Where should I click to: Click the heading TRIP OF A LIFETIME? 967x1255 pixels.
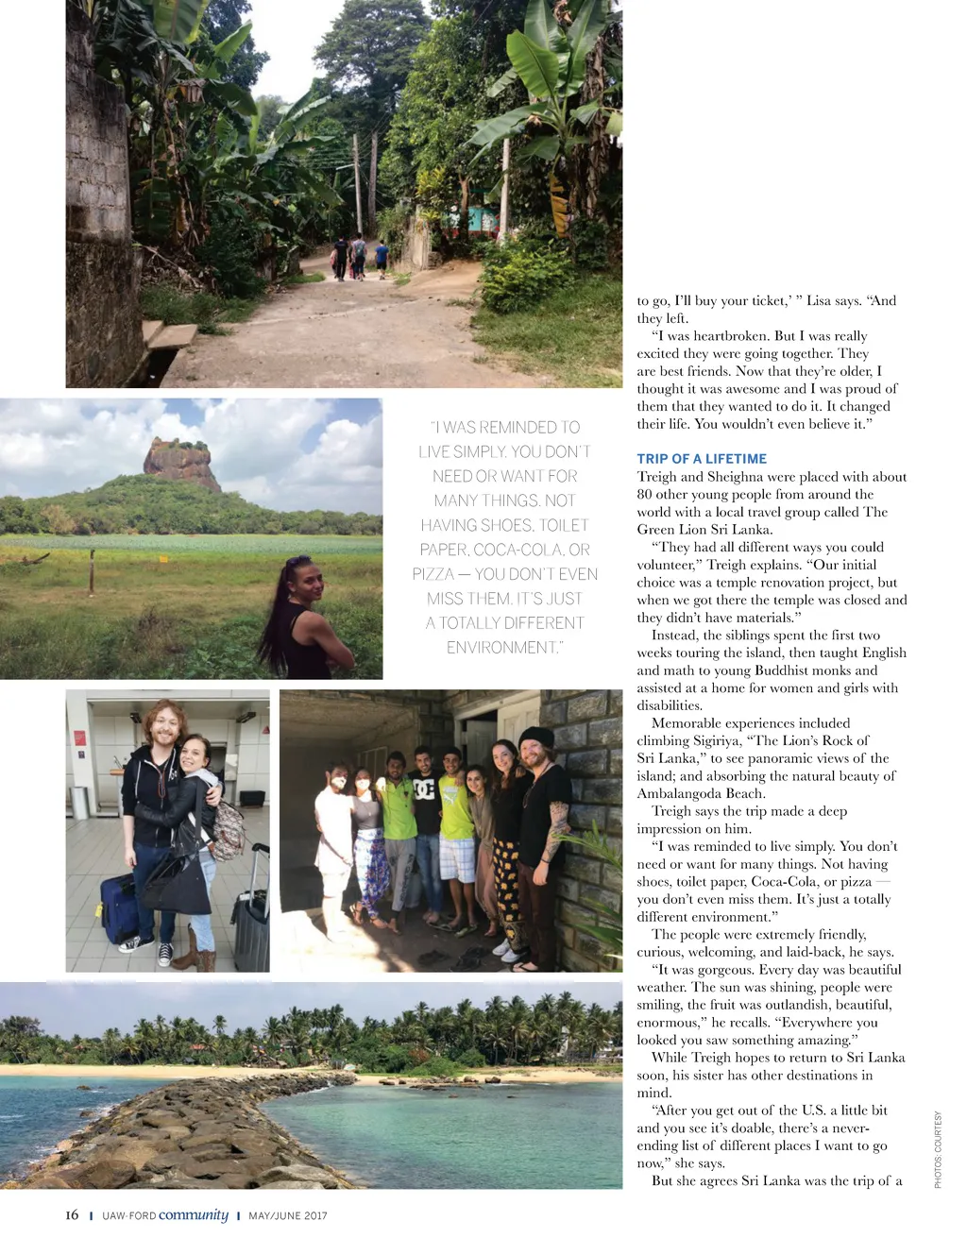pos(702,459)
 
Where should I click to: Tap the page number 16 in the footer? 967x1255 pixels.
pos(72,1215)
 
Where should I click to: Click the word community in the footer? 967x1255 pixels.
pos(194,1214)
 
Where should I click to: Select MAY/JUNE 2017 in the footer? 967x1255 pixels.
pos(288,1216)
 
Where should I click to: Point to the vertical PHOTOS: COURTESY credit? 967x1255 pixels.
pos(938,1149)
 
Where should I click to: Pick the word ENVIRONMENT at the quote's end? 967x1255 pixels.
pos(502,648)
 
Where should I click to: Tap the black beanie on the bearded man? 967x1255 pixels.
pos(536,738)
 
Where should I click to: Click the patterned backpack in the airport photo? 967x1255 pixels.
pos(227,828)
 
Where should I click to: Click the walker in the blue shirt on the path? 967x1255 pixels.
pos(382,256)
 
